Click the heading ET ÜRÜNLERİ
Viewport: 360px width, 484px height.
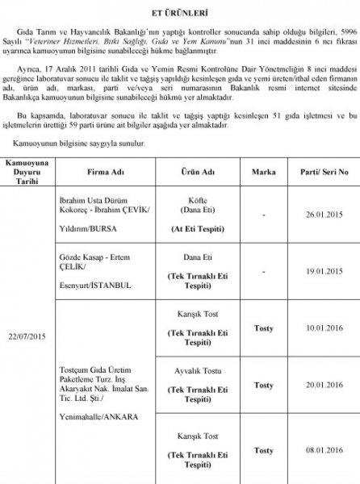179,13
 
